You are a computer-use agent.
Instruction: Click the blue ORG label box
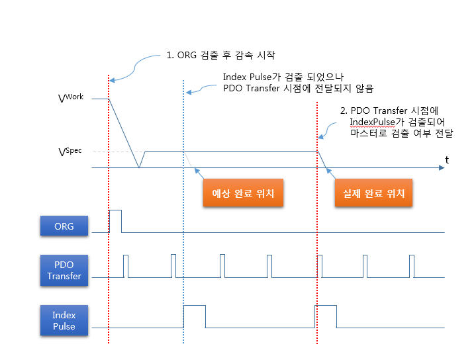click(x=64, y=226)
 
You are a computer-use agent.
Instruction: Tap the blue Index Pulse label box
click(x=64, y=320)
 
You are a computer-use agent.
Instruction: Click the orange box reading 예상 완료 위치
click(x=242, y=194)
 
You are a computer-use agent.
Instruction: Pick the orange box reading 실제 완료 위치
click(x=373, y=194)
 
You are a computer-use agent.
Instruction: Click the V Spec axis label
click(x=70, y=152)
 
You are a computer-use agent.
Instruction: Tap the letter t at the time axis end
click(x=447, y=159)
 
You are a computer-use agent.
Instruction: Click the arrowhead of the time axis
click(x=441, y=168)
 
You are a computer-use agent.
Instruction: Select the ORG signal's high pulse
click(x=115, y=220)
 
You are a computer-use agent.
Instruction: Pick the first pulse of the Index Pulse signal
click(x=194, y=316)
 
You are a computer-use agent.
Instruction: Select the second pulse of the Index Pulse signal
click(x=326, y=316)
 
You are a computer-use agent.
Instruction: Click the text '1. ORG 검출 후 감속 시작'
click(x=221, y=55)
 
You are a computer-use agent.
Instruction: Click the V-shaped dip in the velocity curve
click(x=138, y=165)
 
